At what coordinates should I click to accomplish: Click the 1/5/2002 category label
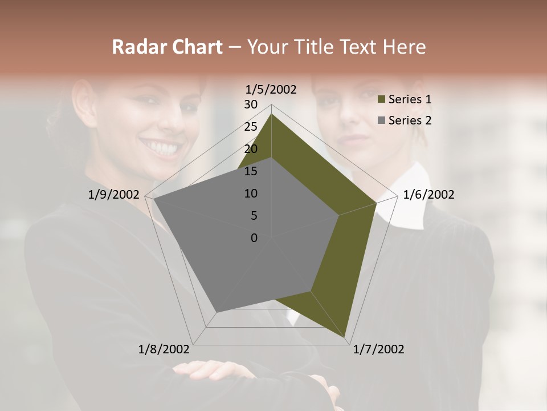(271, 89)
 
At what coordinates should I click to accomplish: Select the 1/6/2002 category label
(428, 195)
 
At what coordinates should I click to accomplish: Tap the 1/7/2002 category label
(378, 349)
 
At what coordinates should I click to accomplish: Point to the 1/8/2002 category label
(164, 349)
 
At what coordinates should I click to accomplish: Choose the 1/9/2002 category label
(114, 195)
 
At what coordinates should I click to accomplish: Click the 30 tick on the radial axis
(251, 104)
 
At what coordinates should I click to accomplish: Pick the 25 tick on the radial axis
(251, 127)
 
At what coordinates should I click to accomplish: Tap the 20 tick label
(251, 149)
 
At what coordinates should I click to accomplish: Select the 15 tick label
(251, 171)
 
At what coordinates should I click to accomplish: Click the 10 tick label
(251, 194)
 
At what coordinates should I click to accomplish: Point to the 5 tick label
(254, 216)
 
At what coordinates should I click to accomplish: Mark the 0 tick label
(254, 238)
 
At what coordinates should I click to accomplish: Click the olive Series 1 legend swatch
(381, 100)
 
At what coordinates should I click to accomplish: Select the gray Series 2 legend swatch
(381, 120)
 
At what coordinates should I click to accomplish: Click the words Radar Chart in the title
(167, 47)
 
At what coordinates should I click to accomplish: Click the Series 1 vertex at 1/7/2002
(346, 340)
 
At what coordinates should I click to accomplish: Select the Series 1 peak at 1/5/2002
(271, 114)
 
